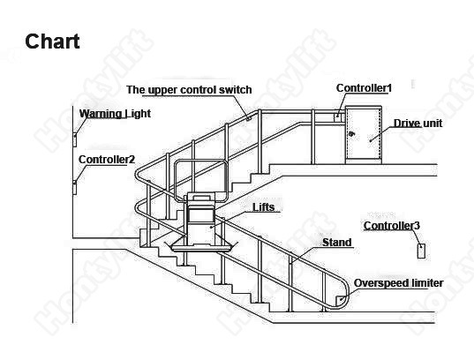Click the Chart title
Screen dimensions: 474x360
pos(52,41)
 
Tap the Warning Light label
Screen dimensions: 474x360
pos(115,114)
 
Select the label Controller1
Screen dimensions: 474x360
pos(364,88)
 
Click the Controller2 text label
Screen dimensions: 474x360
pos(107,160)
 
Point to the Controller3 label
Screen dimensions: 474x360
pos(392,226)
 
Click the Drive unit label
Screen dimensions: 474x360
pos(418,123)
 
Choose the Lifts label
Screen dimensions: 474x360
pos(264,207)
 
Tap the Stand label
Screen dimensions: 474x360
pos(337,242)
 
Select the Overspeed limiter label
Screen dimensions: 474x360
pos(398,283)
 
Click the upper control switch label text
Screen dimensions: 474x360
pos(189,90)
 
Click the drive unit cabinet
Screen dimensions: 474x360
pos(364,135)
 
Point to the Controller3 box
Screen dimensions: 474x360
pos(421,251)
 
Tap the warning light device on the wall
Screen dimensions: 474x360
pos(75,139)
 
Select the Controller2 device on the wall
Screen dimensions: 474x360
pos(74,187)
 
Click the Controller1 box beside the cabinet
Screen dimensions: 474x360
pos(337,116)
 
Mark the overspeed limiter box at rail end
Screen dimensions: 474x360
pos(341,300)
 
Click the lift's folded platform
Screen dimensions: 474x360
pos(200,248)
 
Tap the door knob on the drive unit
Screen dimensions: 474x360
pos(351,134)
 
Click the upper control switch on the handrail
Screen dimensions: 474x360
pos(249,119)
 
